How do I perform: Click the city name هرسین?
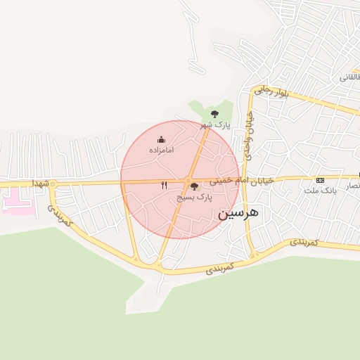coord(238,212)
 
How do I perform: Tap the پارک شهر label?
coord(216,124)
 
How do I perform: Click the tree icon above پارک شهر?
coord(215,113)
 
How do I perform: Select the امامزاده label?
coord(161,150)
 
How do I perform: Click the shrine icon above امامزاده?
coord(161,139)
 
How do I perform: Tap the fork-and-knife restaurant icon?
coord(164,185)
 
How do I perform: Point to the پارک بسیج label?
coord(194,198)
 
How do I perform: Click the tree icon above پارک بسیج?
coord(194,186)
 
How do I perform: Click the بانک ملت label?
coord(321,191)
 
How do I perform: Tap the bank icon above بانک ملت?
coord(321,180)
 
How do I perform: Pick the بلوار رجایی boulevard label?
coord(272,91)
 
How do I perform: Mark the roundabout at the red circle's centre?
coord(190,180)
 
